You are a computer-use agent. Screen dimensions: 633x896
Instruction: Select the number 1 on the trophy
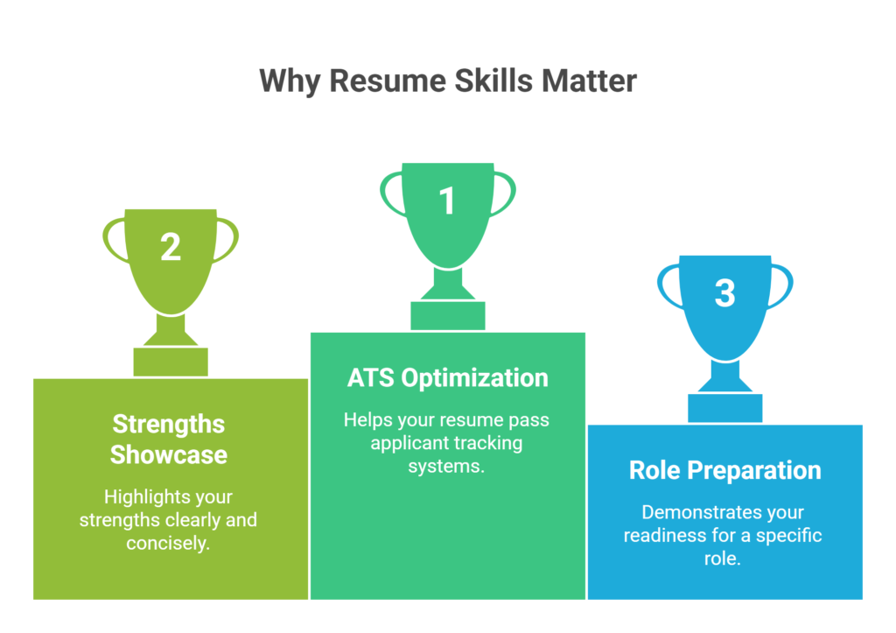point(447,200)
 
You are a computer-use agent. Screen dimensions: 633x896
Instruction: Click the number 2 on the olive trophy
point(171,247)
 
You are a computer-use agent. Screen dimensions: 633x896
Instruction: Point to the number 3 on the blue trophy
point(724,292)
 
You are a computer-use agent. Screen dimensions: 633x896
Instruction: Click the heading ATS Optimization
point(447,377)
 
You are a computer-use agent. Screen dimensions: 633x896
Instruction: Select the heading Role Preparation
point(724,470)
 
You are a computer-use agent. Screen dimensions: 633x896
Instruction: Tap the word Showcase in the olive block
point(169,455)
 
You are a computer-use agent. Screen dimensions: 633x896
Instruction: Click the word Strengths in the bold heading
point(169,425)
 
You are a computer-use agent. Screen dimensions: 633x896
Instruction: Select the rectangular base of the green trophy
point(447,315)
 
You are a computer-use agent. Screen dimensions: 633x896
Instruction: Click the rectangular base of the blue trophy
point(724,408)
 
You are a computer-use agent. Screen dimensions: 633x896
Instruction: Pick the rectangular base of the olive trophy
point(171,362)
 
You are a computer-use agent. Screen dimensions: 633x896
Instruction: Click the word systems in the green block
point(445,466)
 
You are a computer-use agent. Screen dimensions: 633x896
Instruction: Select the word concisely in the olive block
point(169,543)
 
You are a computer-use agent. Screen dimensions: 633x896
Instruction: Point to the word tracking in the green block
point(486,443)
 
